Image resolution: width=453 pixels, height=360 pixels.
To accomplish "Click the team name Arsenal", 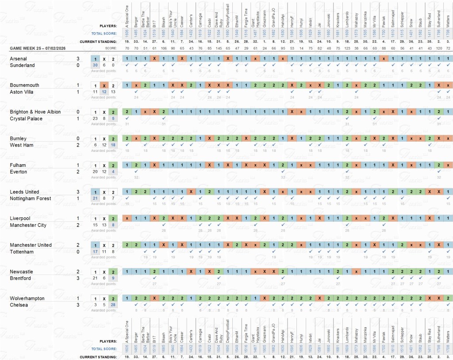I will point(18,58).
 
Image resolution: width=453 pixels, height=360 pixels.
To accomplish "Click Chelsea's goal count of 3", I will point(78,305).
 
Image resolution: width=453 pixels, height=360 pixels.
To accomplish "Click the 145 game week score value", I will point(219,48).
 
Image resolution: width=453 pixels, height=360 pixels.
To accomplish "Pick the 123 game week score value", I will point(348,48).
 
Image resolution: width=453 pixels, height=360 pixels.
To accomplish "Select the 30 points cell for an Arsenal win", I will point(95,65).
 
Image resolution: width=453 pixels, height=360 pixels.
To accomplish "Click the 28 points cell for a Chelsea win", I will point(113,305).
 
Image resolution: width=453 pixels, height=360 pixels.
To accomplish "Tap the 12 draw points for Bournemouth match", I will point(104,92).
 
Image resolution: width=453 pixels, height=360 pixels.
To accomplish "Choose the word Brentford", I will point(20,278).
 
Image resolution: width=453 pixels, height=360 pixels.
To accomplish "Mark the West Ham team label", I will point(21,145).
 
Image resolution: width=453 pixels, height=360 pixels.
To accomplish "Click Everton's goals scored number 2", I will point(78,172).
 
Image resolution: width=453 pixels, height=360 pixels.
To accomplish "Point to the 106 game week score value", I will point(164,48).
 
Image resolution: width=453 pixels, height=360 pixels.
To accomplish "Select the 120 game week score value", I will point(439,48).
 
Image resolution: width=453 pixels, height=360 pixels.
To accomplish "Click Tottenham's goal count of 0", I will point(78,252).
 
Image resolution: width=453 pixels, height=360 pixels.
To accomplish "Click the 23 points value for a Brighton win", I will point(95,118).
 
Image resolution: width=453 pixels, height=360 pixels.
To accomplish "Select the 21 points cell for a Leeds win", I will point(95,198).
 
